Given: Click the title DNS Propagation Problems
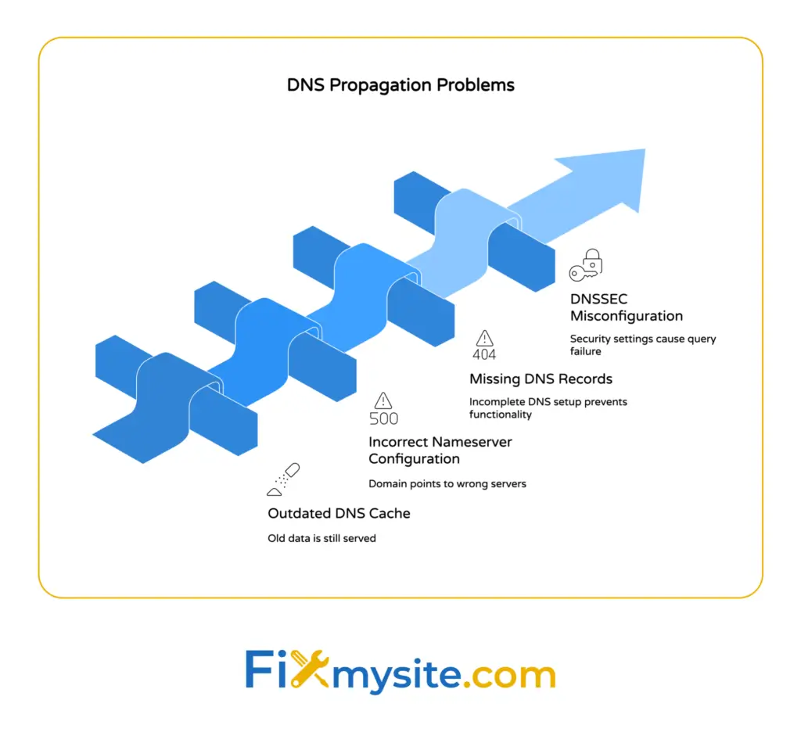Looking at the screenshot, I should pyautogui.click(x=400, y=85).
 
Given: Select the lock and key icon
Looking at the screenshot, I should pyautogui.click(x=586, y=265).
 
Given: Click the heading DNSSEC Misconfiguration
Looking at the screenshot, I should pyautogui.click(x=626, y=307).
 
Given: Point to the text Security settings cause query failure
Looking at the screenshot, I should pyautogui.click(x=642, y=346).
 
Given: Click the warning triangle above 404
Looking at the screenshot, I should pyautogui.click(x=485, y=338).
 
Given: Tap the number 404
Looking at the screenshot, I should pyautogui.click(x=484, y=354).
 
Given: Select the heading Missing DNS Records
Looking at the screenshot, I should pyautogui.click(x=541, y=379).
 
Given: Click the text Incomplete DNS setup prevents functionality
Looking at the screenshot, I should pyautogui.click(x=548, y=407).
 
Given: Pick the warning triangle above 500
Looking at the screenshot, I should pyautogui.click(x=383, y=400).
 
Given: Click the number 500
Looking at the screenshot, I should pyautogui.click(x=383, y=418).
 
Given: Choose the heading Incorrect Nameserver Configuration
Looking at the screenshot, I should pyautogui.click(x=440, y=450).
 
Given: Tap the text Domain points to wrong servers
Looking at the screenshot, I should pyautogui.click(x=447, y=483).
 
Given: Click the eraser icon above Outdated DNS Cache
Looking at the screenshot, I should pyautogui.click(x=283, y=479).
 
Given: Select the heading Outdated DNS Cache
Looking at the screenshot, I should pyautogui.click(x=339, y=513).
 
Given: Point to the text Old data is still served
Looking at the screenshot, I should pyautogui.click(x=321, y=538).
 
